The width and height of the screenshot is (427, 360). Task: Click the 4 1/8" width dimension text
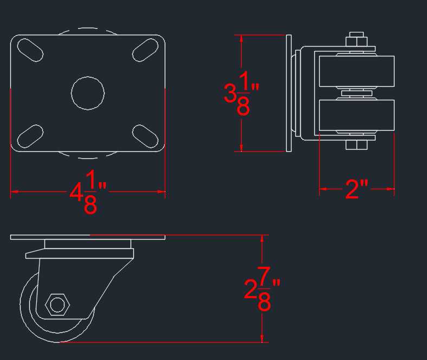tap(88, 192)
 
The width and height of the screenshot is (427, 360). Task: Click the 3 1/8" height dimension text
tap(241, 93)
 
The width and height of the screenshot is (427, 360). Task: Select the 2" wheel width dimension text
tap(357, 189)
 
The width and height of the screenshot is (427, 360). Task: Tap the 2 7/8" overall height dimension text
tap(262, 288)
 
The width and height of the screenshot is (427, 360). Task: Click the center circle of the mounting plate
tap(88, 93)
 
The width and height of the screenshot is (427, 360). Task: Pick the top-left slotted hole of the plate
tap(30, 50)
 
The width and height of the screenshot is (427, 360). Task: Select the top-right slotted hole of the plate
tap(145, 50)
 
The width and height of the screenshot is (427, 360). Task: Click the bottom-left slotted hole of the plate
tap(30, 136)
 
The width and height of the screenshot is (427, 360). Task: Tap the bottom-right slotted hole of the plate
tap(145, 136)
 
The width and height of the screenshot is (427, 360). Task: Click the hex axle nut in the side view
tap(57, 304)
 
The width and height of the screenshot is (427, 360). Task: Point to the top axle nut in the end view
tap(357, 39)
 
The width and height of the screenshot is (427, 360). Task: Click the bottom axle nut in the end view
tap(357, 145)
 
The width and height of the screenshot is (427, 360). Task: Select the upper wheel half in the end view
tap(357, 71)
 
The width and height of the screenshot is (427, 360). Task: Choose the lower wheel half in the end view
tap(357, 115)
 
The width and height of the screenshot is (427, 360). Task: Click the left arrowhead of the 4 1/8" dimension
tap(15, 192)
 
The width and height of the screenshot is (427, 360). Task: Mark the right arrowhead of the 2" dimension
tap(390, 189)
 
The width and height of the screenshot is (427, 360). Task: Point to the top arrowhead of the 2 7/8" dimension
tap(262, 239)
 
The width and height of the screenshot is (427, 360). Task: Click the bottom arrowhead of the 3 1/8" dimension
tap(241, 147)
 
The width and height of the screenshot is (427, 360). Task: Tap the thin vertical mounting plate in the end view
tap(289, 93)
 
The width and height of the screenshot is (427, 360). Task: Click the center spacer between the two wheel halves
tap(357, 93)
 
